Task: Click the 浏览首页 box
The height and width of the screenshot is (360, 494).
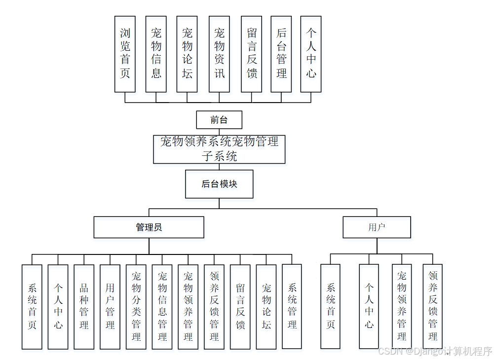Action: (125, 54)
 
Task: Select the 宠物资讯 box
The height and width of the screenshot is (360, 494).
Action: (219, 54)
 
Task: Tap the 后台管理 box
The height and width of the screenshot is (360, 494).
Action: (281, 54)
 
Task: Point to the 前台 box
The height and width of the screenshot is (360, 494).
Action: (219, 120)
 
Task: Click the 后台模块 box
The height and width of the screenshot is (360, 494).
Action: (219, 184)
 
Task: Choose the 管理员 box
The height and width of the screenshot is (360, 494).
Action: (149, 227)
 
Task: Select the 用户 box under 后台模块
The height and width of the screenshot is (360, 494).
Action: (377, 227)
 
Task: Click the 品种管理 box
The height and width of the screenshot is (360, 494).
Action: (84, 307)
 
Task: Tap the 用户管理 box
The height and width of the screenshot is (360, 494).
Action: (110, 307)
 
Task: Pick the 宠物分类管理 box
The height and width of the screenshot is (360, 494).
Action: (136, 307)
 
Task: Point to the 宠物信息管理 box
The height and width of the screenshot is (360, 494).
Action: (162, 307)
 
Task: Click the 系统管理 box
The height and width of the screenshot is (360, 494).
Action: (292, 307)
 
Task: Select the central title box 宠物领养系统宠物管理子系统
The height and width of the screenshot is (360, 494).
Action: (219, 149)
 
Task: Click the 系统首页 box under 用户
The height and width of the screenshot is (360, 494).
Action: (331, 306)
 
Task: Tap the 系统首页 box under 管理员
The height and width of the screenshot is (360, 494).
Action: (32, 307)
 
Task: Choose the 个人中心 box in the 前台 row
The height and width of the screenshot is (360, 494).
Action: (311, 54)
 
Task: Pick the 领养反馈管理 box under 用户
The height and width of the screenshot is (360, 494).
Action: (433, 306)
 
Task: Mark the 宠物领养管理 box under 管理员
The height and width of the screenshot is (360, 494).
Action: (188, 307)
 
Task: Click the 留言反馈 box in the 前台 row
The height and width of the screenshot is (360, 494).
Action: (251, 54)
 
